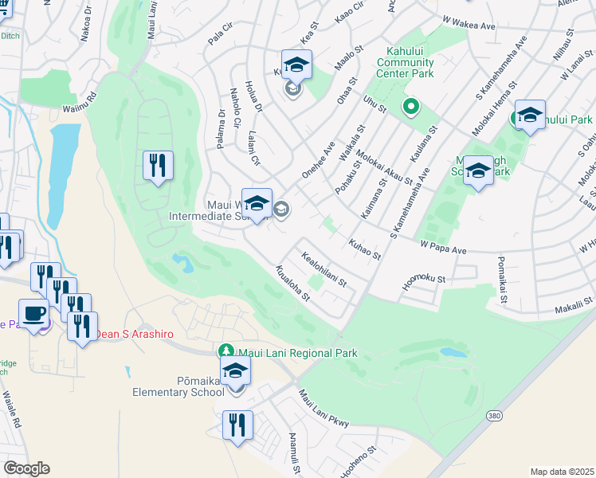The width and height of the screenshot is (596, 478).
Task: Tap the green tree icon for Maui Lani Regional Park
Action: (x=227, y=351)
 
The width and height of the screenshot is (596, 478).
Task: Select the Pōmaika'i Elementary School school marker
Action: (x=236, y=372)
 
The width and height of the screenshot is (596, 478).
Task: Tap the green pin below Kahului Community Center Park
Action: (x=411, y=106)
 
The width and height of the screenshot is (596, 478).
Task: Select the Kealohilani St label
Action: (x=323, y=269)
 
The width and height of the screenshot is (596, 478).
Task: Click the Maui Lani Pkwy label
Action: (x=323, y=408)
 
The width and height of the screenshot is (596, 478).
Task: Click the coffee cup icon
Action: (x=33, y=313)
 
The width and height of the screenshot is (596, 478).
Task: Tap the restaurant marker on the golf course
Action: (x=158, y=166)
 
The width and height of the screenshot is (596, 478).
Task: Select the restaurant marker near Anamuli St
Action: (x=237, y=425)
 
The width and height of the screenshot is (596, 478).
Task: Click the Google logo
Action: (x=26, y=468)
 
